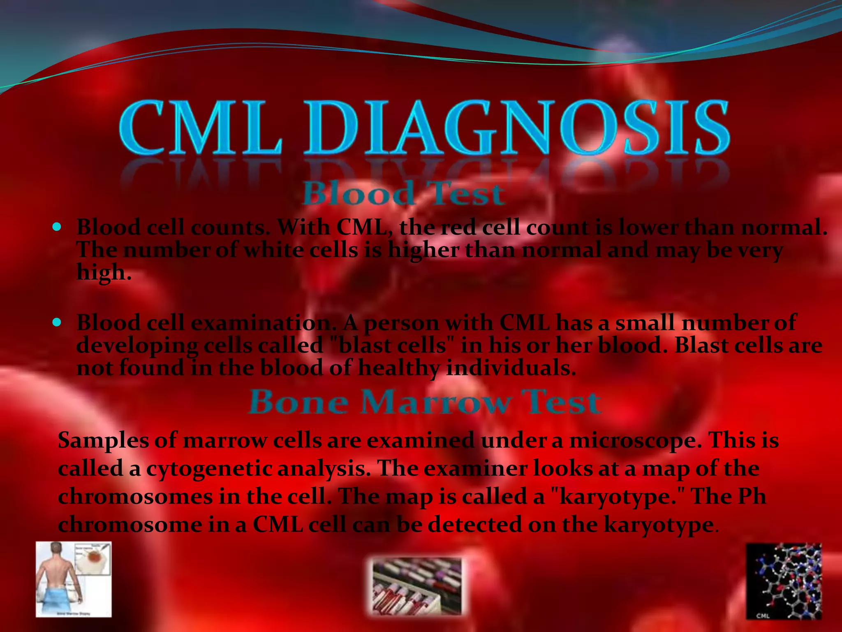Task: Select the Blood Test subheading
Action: tap(403, 193)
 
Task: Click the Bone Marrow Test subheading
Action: tap(425, 402)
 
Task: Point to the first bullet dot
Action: tap(57, 227)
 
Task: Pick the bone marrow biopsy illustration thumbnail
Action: tap(74, 579)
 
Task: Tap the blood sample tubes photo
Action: tap(417, 586)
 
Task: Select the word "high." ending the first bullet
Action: tap(104, 273)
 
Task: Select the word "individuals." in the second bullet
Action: tap(511, 368)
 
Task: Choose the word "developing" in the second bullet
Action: tap(137, 346)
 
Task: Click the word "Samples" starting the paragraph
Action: tap(103, 440)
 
